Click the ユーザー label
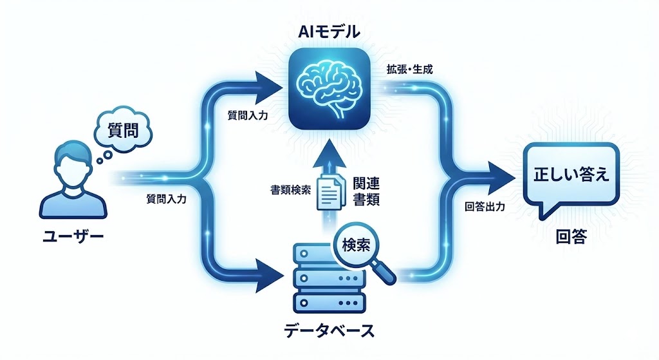coord(73,238)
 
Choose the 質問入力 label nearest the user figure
coord(166,200)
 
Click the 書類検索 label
coord(292,190)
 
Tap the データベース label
coord(329,332)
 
